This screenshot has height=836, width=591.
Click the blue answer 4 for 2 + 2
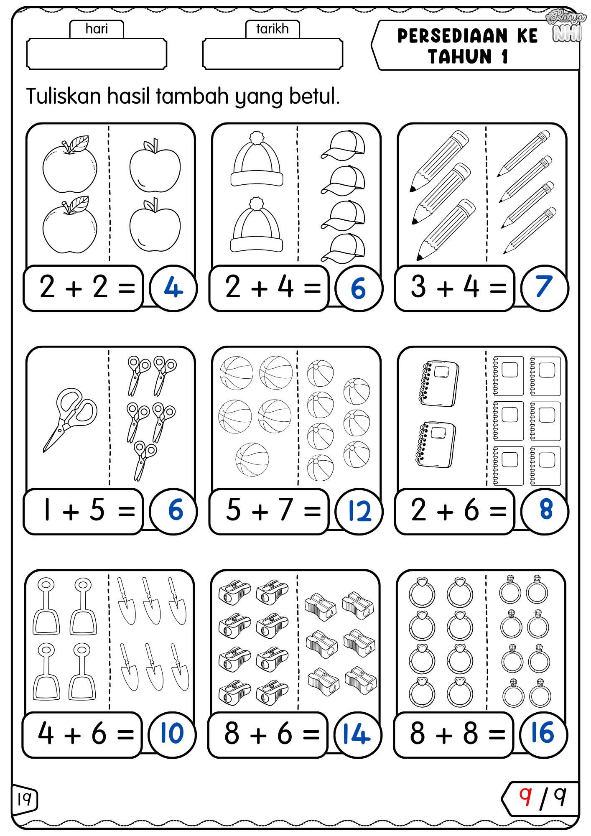click(x=173, y=288)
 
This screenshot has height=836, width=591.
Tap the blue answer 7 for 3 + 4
click(x=544, y=287)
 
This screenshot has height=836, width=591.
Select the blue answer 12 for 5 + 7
click(x=359, y=511)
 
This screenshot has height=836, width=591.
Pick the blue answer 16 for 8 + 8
click(x=543, y=734)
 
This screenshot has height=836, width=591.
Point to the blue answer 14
click(x=357, y=735)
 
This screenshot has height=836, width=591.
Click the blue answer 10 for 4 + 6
click(x=172, y=734)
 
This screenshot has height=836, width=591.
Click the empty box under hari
click(x=97, y=54)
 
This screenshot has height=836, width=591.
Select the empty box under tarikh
click(x=273, y=54)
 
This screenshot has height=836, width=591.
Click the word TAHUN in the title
click(x=460, y=57)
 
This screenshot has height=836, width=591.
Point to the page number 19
click(x=24, y=799)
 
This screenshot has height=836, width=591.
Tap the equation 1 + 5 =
click(x=84, y=511)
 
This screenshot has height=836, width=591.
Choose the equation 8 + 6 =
click(x=268, y=734)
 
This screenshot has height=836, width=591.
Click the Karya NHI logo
click(x=566, y=26)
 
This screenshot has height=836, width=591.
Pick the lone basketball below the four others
click(x=252, y=459)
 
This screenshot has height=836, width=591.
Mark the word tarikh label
click(x=273, y=29)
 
